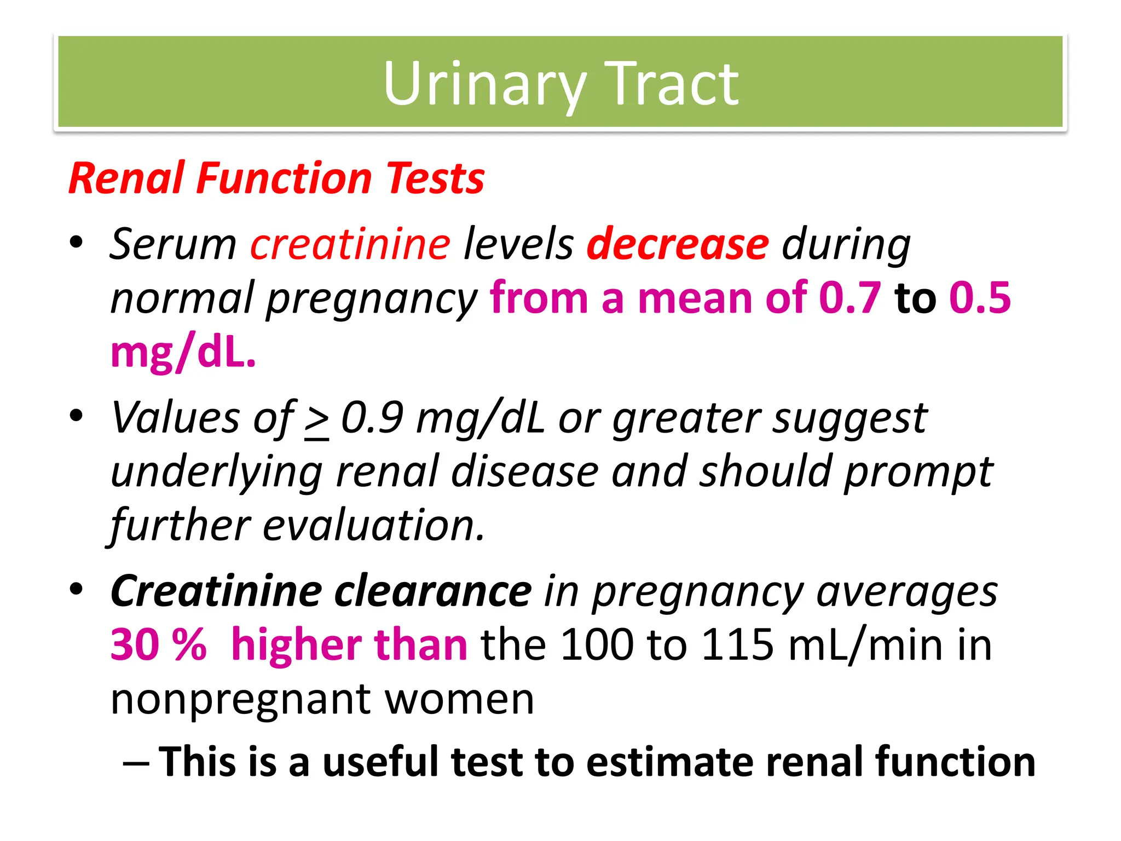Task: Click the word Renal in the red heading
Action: pyautogui.click(x=126, y=178)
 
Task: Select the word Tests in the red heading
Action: pyautogui.click(x=435, y=178)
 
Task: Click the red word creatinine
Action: pyautogui.click(x=350, y=244)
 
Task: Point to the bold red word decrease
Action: pyautogui.click(x=678, y=244)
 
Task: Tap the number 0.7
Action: pyautogui.click(x=850, y=298)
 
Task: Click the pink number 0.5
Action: pyautogui.click(x=980, y=298)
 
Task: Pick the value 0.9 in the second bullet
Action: pyautogui.click(x=372, y=418)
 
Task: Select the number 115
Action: pyautogui.click(x=737, y=645)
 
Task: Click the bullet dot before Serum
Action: pyautogui.click(x=77, y=242)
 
